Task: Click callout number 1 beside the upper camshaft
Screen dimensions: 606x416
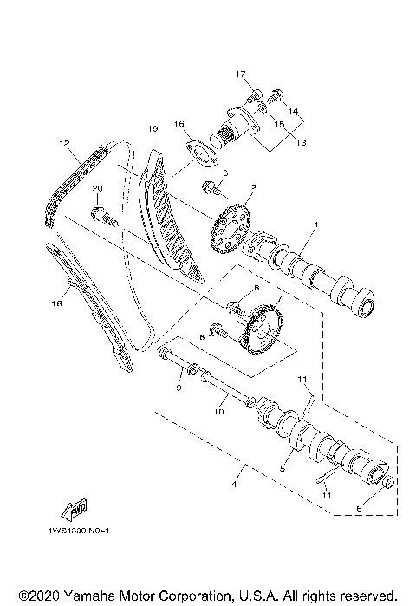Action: [315, 225]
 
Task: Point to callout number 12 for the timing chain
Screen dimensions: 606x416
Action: [63, 142]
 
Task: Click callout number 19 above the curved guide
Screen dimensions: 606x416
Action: [152, 129]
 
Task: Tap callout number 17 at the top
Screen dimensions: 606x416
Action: [242, 75]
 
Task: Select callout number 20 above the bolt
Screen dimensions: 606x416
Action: [98, 189]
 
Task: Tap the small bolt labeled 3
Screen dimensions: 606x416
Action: [211, 185]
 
